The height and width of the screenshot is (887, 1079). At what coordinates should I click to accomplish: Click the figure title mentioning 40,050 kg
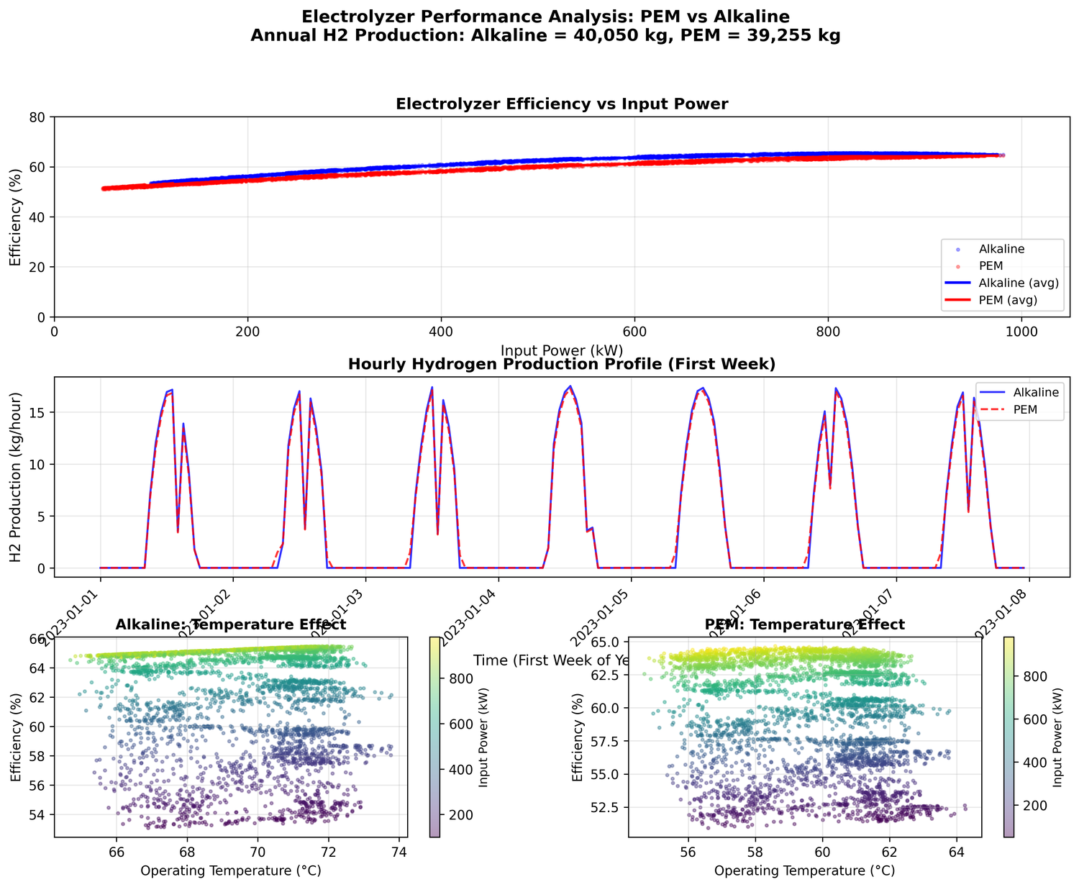click(x=545, y=35)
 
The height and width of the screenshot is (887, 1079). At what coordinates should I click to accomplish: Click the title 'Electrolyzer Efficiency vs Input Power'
click(x=562, y=104)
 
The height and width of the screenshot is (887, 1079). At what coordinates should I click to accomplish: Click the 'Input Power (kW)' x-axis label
click(x=562, y=350)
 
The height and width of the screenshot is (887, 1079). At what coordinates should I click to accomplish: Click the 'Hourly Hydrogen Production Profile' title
click(x=562, y=364)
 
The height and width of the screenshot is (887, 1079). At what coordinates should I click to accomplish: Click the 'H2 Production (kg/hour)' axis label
click(x=16, y=477)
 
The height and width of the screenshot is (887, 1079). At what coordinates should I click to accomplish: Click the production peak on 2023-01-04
click(x=570, y=386)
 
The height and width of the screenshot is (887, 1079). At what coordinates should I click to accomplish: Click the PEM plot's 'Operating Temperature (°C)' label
click(x=804, y=870)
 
